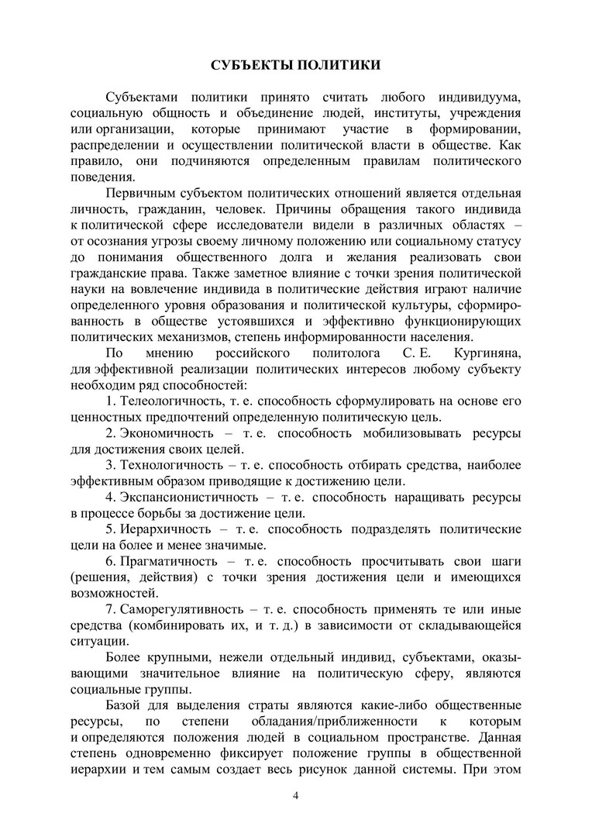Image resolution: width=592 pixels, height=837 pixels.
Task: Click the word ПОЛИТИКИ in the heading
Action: [x=336, y=64]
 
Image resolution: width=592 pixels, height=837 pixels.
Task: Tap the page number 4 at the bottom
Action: [x=296, y=796]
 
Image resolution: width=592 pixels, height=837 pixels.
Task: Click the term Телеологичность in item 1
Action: [x=166, y=401]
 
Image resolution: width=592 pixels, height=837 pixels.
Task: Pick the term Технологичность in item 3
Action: [x=165, y=464]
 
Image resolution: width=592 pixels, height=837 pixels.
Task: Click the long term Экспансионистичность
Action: [x=181, y=496]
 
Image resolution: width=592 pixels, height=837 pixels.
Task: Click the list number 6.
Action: [x=111, y=560]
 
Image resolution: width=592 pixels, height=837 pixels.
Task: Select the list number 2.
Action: [x=111, y=432]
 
